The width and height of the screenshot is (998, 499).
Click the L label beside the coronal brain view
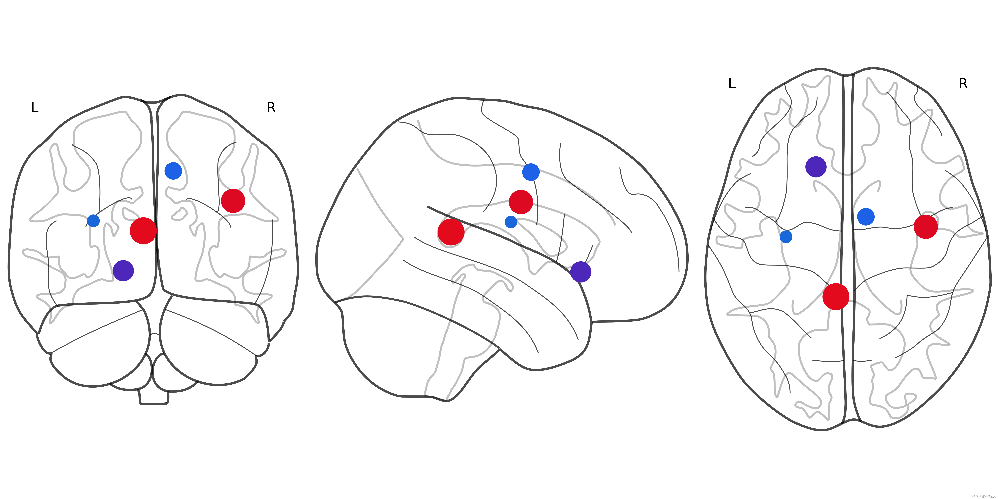pos(35,107)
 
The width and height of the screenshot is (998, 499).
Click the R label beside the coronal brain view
pos(271,107)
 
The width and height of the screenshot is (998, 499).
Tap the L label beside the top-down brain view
pos(732,83)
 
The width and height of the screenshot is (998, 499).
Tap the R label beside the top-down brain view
pos(963,83)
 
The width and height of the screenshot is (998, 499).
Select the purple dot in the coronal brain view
pos(123,270)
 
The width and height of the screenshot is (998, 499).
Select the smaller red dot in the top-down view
pos(926,227)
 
